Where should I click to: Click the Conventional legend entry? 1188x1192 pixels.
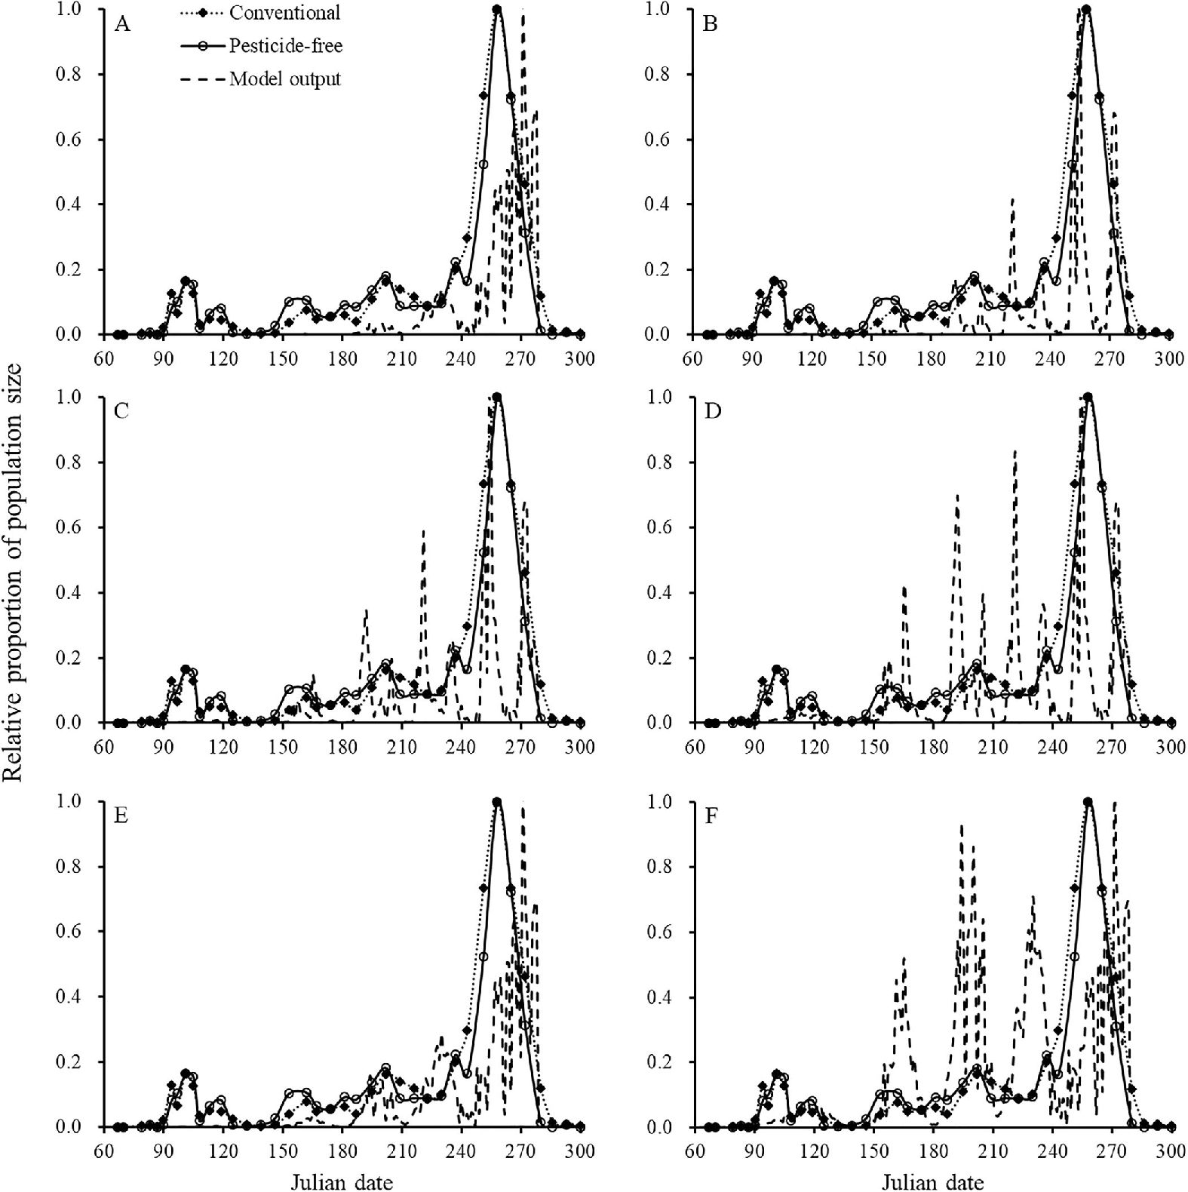click(x=284, y=13)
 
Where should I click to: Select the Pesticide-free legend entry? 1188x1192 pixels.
click(x=286, y=46)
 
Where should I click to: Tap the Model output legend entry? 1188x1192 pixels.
click(x=285, y=78)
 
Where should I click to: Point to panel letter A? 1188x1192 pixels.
click(x=122, y=24)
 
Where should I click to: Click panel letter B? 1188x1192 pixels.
click(x=710, y=24)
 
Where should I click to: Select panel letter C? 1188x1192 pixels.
click(x=122, y=411)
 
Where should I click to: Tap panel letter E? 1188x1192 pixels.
click(x=121, y=816)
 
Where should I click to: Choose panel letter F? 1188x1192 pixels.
click(x=710, y=816)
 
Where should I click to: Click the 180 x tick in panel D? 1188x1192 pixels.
click(x=933, y=747)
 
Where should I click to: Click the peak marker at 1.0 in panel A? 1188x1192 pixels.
click(x=497, y=9)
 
